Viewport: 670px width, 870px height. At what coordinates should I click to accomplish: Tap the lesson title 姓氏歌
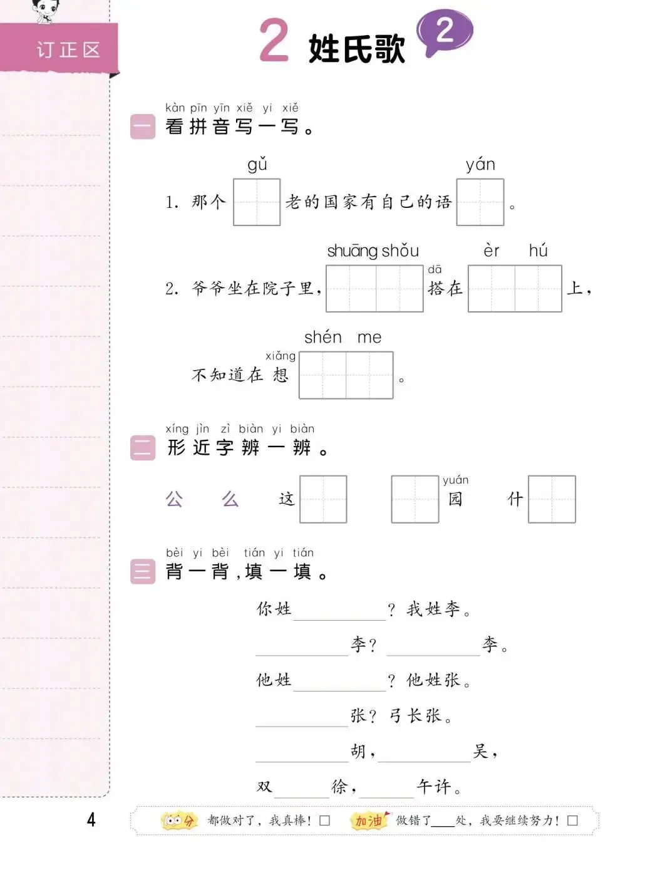tap(356, 49)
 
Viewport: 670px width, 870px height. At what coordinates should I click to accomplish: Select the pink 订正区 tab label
tap(68, 49)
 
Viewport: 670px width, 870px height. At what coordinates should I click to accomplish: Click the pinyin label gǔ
tap(257, 165)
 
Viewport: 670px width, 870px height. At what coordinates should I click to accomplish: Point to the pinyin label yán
tap(480, 165)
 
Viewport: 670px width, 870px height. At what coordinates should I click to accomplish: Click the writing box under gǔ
tap(257, 202)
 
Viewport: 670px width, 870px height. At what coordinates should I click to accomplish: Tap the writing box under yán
tap(480, 202)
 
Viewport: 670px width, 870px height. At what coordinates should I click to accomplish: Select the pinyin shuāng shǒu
tap(373, 251)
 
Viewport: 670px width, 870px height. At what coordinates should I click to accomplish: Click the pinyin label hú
tap(538, 251)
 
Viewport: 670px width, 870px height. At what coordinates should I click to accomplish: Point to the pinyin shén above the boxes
tap(323, 338)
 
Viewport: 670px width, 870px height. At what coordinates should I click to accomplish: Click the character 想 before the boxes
tap(281, 375)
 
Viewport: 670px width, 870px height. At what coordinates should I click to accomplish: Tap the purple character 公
tap(174, 499)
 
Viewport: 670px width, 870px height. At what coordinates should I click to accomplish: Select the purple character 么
tap(230, 499)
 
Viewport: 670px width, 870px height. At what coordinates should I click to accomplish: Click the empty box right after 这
tap(323, 499)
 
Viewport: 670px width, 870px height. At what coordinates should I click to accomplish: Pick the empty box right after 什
tap(552, 499)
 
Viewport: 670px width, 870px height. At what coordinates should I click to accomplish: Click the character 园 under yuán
tap(455, 499)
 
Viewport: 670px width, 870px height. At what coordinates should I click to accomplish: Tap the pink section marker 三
tap(143, 571)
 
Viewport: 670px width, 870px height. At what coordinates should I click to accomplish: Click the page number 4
tap(91, 819)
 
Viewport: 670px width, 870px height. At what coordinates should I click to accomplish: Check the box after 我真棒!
tap(324, 821)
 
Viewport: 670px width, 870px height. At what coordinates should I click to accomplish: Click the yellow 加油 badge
tap(369, 821)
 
